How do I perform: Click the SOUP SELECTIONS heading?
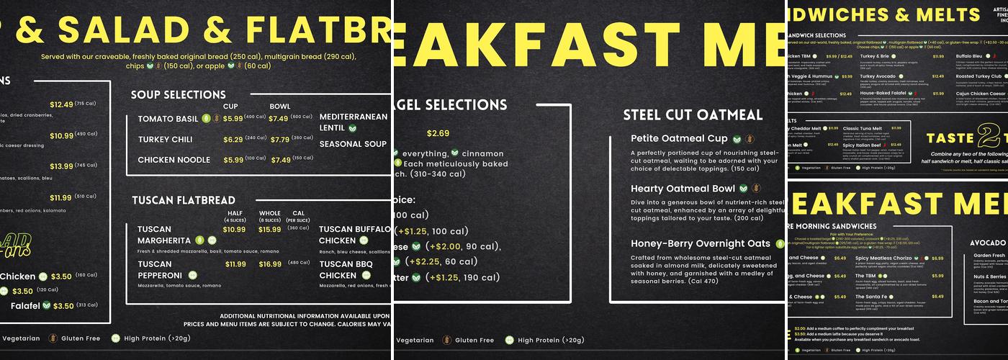click(178, 94)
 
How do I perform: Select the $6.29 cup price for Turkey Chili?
click(233, 139)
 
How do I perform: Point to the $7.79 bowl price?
click(279, 139)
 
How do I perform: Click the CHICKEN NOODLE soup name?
click(174, 160)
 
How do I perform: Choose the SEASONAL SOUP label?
click(353, 144)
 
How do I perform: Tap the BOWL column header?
click(279, 107)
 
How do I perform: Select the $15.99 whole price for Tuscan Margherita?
click(270, 230)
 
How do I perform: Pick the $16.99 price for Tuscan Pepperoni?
click(270, 264)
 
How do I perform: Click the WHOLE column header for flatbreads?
click(269, 213)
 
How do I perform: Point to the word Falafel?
click(24, 305)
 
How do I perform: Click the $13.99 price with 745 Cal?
click(61, 166)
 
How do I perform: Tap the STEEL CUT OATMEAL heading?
click(693, 114)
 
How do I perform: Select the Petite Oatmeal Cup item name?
click(679, 138)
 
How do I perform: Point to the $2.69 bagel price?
click(438, 133)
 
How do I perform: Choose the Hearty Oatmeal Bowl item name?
click(683, 188)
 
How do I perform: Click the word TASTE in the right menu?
click(950, 138)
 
